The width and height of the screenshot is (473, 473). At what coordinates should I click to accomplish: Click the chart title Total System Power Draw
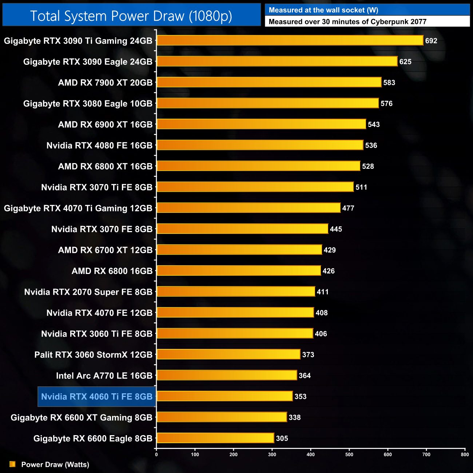pos(131,16)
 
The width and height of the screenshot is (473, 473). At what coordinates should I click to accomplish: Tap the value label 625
pos(405,62)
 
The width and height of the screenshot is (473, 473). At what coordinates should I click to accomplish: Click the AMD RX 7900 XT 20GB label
pos(105,83)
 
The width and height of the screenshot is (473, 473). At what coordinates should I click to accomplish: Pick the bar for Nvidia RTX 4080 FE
pos(260,145)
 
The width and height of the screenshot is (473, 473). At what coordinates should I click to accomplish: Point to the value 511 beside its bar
pos(361,187)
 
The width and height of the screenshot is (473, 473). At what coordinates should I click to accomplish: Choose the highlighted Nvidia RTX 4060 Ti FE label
pos(97,397)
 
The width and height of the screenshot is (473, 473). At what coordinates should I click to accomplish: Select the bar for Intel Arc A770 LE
pos(227,375)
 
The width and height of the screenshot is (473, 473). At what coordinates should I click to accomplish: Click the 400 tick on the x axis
pos(311,454)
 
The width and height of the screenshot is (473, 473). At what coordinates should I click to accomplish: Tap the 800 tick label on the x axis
pos(465,454)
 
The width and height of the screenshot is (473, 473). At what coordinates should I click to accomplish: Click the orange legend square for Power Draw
pos(12,464)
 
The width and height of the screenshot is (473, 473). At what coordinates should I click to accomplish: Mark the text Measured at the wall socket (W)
pos(323,10)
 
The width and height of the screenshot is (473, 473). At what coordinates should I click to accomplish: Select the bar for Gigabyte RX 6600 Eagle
pos(215,438)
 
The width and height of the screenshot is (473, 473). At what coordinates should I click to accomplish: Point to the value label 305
pos(282,438)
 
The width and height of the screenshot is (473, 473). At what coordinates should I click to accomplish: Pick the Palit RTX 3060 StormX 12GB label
pos(93,355)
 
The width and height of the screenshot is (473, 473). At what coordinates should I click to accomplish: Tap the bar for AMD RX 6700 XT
pos(239,250)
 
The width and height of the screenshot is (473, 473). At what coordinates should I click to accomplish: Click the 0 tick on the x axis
pos(156,454)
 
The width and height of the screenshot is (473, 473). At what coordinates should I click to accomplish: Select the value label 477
pos(348,208)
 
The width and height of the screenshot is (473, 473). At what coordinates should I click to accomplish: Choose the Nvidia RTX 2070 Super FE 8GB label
pos(88,292)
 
